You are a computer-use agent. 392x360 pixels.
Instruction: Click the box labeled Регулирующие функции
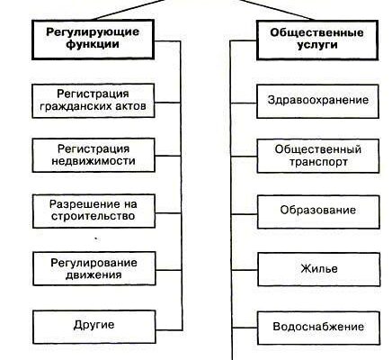pos(93,40)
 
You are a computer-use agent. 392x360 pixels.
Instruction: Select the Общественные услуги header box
pos(317,40)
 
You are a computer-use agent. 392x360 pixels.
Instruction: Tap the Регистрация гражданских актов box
pos(94,101)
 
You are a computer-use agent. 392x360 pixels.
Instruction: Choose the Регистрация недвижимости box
pos(94,155)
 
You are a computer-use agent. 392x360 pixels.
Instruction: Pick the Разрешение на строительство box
pos(94,211)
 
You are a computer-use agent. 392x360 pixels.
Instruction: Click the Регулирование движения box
pos(94,268)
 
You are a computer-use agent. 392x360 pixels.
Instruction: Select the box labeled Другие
pos(94,327)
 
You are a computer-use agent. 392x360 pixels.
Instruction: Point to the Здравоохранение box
pos(317,101)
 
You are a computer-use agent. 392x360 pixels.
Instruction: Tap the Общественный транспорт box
pos(318,156)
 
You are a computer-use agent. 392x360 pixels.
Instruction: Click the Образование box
pos(318,211)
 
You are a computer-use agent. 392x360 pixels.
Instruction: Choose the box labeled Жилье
pos(319,269)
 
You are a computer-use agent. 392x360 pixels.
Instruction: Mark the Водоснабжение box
pos(319,328)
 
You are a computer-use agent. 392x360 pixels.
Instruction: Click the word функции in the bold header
pos(93,45)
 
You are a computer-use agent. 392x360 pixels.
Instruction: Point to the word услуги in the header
pos(317,46)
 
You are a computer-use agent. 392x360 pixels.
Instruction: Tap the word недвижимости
pos(94,161)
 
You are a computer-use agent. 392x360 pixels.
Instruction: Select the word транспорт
pos(318,162)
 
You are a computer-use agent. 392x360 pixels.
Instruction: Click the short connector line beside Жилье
pos(245,270)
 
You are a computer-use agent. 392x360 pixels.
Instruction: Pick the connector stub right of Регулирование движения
pos(169,270)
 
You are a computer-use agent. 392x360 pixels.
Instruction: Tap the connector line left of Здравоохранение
pos(244,103)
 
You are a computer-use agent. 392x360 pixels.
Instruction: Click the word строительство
pos(93,216)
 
